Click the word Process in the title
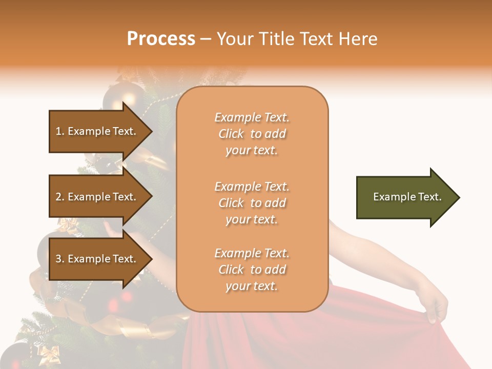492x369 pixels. pyautogui.click(x=161, y=39)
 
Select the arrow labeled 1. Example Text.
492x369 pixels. pyautogui.click(x=97, y=131)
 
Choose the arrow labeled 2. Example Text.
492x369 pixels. pyautogui.click(x=97, y=197)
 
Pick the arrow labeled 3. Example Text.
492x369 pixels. pyautogui.click(x=97, y=259)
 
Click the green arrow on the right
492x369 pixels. pyautogui.click(x=405, y=197)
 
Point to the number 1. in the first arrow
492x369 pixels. pyautogui.click(x=60, y=131)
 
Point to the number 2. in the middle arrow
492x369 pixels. pyautogui.click(x=60, y=197)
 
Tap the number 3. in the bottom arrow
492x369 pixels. pyautogui.click(x=60, y=259)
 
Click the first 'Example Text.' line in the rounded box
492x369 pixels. pyautogui.click(x=252, y=117)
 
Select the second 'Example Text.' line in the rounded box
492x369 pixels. pyautogui.click(x=252, y=187)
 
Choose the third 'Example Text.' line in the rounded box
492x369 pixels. pyautogui.click(x=252, y=253)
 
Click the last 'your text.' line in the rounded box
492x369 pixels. pyautogui.click(x=252, y=286)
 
